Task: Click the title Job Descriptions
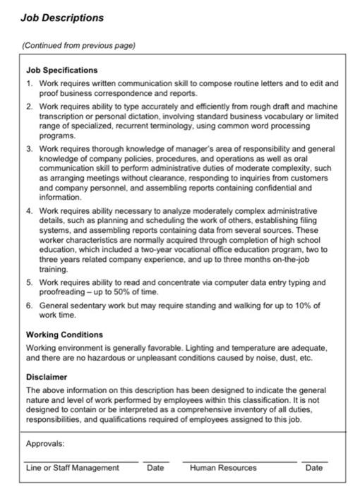tap(62, 18)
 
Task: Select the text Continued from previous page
tap(78, 46)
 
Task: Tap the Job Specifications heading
tap(62, 71)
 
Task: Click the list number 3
tap(29, 149)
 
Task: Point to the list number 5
tap(29, 282)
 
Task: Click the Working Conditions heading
tap(64, 335)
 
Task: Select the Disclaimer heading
tap(47, 377)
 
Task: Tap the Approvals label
tap(45, 444)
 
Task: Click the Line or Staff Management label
tap(72, 468)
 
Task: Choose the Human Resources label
tap(223, 468)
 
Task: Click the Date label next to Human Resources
tap(314, 468)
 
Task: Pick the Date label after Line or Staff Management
tap(155, 468)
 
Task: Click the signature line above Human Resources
tap(239, 461)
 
